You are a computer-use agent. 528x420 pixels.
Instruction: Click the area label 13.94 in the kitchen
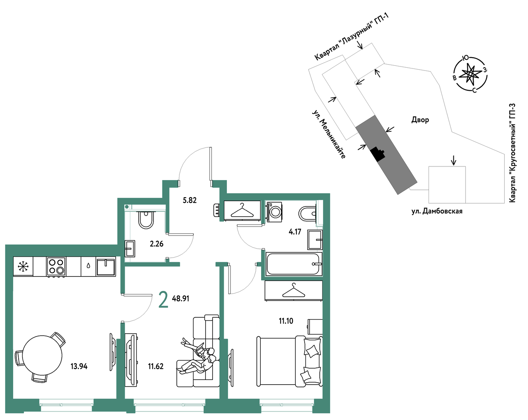pyautogui.click(x=79, y=366)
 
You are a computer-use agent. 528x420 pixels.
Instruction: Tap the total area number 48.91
pyautogui.click(x=181, y=299)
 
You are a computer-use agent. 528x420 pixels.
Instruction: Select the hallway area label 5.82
pyautogui.click(x=190, y=200)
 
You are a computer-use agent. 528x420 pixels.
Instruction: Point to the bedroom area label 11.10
pyautogui.click(x=286, y=321)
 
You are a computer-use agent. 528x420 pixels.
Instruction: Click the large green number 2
pyautogui.click(x=164, y=299)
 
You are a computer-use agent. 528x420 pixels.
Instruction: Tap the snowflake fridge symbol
pyautogui.click(x=23, y=266)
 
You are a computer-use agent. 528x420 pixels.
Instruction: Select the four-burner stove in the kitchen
pyautogui.click(x=56, y=266)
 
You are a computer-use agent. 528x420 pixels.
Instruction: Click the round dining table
pyautogui.click(x=42, y=355)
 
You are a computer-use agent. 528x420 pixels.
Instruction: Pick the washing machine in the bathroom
pyautogui.click(x=274, y=212)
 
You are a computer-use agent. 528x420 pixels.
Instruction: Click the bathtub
pyautogui.click(x=294, y=264)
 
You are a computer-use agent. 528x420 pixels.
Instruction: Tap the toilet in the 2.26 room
pyautogui.click(x=146, y=219)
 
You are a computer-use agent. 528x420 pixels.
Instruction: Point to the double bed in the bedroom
pyautogui.click(x=289, y=362)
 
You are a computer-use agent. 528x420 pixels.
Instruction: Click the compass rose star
pyautogui.click(x=470, y=73)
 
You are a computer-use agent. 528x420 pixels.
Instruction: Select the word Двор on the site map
pyautogui.click(x=420, y=120)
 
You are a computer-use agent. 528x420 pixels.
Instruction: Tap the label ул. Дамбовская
pyautogui.click(x=437, y=211)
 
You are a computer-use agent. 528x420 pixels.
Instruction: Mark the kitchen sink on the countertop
pyautogui.click(x=106, y=266)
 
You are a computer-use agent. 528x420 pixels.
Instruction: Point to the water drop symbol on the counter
pyautogui.click(x=88, y=266)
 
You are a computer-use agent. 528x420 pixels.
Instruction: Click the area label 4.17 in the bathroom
pyautogui.click(x=294, y=232)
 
